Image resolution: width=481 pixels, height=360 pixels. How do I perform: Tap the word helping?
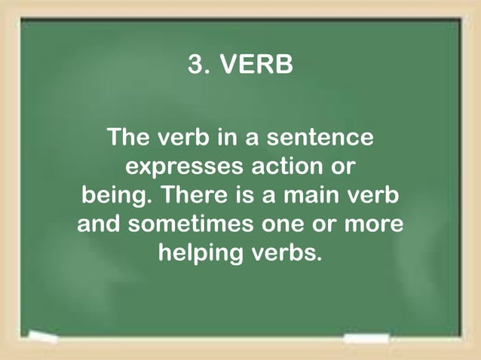click(201, 253)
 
